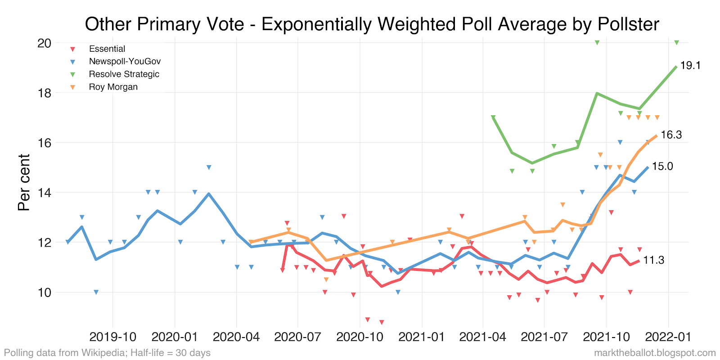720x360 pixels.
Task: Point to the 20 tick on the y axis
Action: point(45,43)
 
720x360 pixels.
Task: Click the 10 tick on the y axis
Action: point(45,292)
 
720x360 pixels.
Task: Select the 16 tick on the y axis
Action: point(45,143)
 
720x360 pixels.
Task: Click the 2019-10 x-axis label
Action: point(113,337)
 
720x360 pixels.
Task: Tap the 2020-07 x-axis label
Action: point(297,337)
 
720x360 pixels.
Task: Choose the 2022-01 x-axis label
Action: point(668,337)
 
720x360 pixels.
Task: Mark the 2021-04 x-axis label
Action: point(483,337)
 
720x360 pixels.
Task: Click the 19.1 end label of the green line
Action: point(690,66)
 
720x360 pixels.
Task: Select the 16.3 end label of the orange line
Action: point(671,135)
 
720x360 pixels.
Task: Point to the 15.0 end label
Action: point(662,166)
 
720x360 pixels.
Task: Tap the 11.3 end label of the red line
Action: point(653,260)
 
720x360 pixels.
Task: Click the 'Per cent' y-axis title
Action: point(24,182)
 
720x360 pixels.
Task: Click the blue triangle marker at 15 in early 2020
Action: point(209,167)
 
